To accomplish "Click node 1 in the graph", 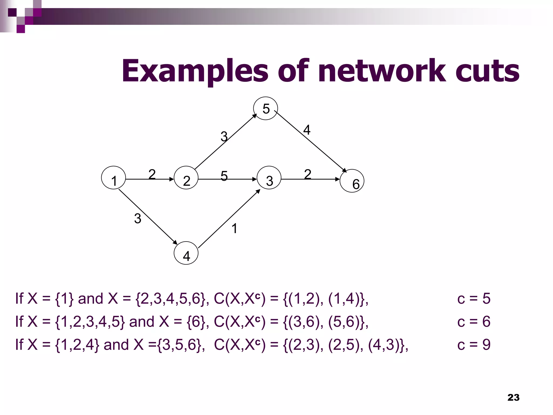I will [113, 178].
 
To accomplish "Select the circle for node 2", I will [186, 178].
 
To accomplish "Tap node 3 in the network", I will [269, 178].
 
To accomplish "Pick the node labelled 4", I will [186, 253].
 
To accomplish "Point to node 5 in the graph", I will [265, 108].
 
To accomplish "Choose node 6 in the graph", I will [352, 181].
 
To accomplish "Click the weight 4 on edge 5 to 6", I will [307, 130].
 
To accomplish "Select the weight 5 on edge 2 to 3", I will [224, 176].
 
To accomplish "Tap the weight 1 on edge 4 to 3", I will [234, 229].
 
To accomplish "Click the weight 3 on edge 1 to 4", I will [137, 218].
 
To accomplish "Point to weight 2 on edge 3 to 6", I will [308, 174].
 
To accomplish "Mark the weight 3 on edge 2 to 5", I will [224, 136].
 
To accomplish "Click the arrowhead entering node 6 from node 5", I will [345, 170].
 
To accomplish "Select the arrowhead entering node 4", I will [175, 242].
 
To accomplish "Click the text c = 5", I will [474, 299].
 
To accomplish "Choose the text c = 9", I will [474, 345].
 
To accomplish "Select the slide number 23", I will [513, 397].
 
